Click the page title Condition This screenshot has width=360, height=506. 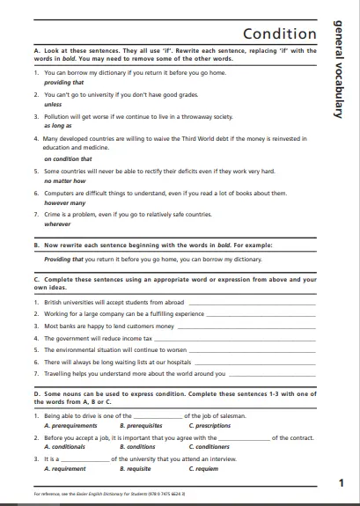(x=279, y=34)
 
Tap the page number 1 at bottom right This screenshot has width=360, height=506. (x=342, y=481)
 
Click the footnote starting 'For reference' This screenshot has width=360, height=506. (x=106, y=495)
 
